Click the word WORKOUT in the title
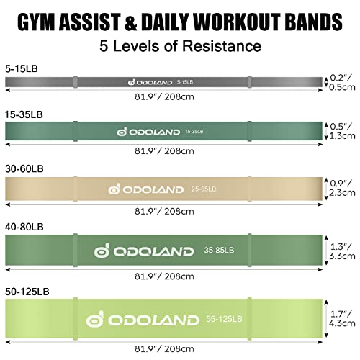pyautogui.click(x=236, y=22)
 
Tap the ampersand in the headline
pyautogui.click(x=130, y=22)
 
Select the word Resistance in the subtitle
pyautogui.click(x=222, y=45)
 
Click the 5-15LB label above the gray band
pyautogui.click(x=22, y=69)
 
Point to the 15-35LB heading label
pyautogui.click(x=24, y=114)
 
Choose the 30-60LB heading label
pyautogui.click(x=24, y=168)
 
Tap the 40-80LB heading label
pyautogui.click(x=24, y=227)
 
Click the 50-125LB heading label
pyautogui.click(x=27, y=292)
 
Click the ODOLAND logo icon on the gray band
pyautogui.click(x=132, y=82)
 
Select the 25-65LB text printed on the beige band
pyautogui.click(x=204, y=189)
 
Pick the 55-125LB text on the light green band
pyautogui.click(x=224, y=319)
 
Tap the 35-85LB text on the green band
pyautogui.click(x=219, y=250)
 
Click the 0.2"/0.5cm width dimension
pyautogui.click(x=342, y=82)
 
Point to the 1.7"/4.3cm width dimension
pyautogui.click(x=342, y=318)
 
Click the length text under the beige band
pyautogui.click(x=164, y=212)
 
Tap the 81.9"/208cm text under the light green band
pyautogui.click(x=164, y=348)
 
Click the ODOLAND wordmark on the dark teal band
pyautogui.click(x=155, y=132)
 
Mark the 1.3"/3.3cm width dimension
pyautogui.click(x=342, y=251)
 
